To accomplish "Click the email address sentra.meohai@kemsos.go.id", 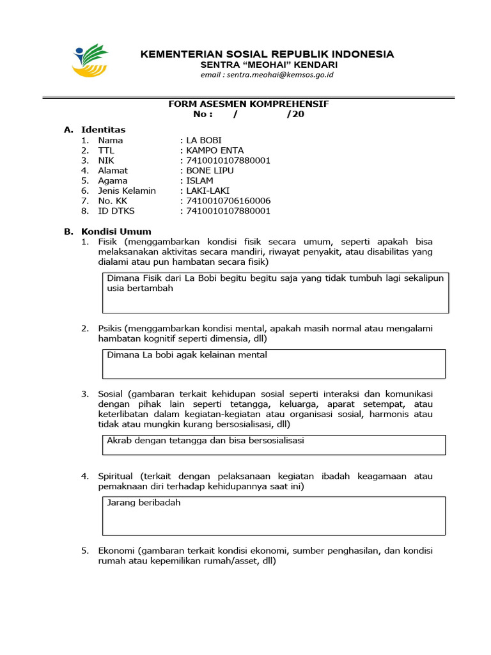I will (267, 75).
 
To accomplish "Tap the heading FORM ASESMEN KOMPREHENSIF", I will (248, 104).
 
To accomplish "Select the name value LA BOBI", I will (204, 140).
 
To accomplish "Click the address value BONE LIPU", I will (210, 171).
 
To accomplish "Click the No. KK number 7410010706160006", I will (228, 201).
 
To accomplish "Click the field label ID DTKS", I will (116, 211).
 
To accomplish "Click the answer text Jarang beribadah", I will (144, 503).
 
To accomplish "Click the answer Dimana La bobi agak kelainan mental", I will (187, 355).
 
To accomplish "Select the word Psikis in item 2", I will (109, 328).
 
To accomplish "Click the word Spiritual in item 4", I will (116, 477).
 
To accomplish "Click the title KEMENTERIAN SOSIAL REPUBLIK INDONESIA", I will (267, 54).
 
